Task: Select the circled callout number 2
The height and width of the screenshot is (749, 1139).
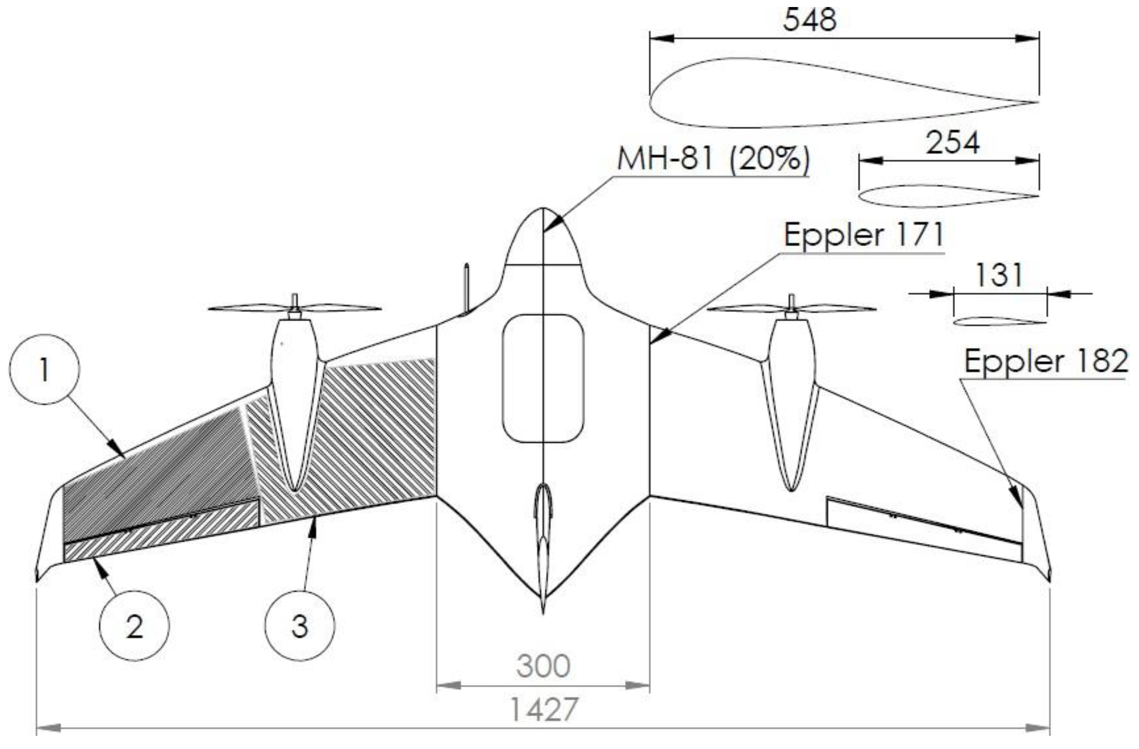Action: pos(135,626)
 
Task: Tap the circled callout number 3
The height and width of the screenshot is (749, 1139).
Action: pos(300,626)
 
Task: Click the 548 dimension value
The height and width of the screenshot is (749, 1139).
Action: pos(810,20)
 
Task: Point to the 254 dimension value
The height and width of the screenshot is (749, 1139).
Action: pos(953,143)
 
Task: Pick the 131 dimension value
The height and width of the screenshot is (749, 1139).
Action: pos(999,275)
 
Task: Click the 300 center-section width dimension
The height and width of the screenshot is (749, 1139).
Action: pos(543,666)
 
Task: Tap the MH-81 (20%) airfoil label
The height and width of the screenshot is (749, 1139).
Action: pos(713,159)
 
